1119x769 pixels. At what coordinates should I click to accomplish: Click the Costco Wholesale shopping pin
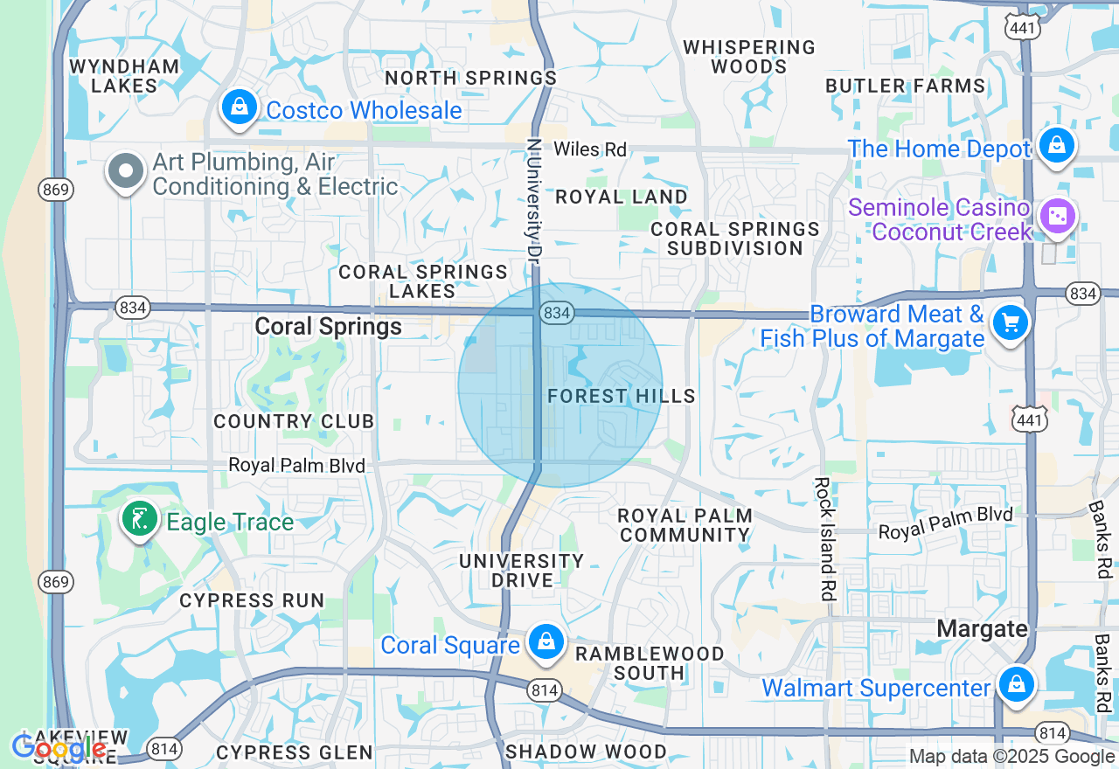click(x=238, y=108)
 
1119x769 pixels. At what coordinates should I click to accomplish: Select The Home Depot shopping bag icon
click(x=1057, y=146)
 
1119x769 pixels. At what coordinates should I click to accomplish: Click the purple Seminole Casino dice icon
click(x=1057, y=216)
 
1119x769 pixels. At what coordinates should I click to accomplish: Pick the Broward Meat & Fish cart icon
click(x=1011, y=324)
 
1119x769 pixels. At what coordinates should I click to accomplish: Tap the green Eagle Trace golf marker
click(x=139, y=520)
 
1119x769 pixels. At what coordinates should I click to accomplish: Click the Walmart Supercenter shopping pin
click(x=1016, y=684)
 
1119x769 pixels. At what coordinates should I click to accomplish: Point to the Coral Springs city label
click(x=329, y=327)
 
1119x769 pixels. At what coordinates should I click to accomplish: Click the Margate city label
click(x=982, y=628)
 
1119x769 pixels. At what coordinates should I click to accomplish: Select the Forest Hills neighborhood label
click(x=622, y=397)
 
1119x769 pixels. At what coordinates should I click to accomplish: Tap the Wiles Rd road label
click(x=590, y=149)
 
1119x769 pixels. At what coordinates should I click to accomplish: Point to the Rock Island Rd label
click(x=824, y=537)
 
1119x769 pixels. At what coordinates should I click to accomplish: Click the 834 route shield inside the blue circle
click(x=556, y=312)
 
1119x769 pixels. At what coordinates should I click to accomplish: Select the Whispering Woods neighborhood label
click(x=749, y=57)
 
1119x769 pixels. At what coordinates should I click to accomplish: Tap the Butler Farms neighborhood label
click(x=906, y=86)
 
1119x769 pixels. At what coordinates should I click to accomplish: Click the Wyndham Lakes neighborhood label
click(x=124, y=76)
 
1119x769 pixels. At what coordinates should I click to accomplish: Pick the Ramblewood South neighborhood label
click(x=649, y=663)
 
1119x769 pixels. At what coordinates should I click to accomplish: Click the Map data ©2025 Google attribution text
click(x=1011, y=757)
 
